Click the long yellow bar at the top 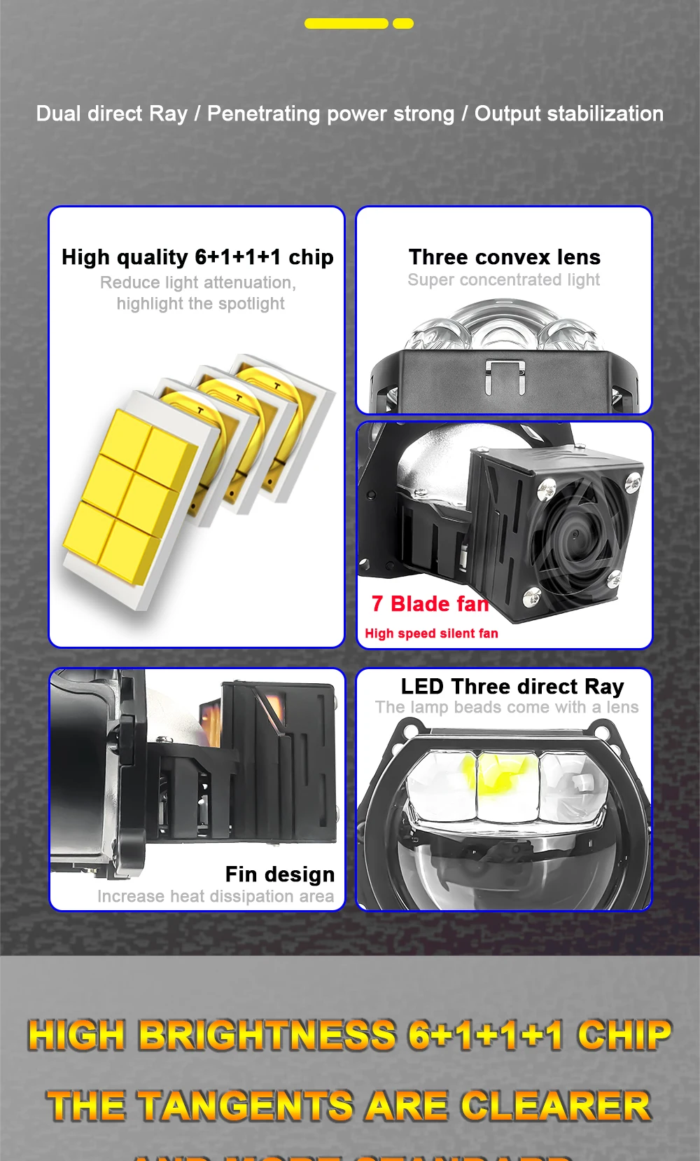tap(346, 24)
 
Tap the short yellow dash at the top tap(403, 24)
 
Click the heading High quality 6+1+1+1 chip tap(197, 257)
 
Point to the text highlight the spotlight tap(201, 303)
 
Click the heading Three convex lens tap(504, 257)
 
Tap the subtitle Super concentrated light tap(504, 280)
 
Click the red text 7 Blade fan tap(430, 603)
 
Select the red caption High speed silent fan tap(431, 633)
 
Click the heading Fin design tap(279, 874)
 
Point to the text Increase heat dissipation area tap(216, 896)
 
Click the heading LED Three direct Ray tap(512, 687)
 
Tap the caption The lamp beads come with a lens tap(507, 708)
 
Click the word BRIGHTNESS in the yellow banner tap(267, 1035)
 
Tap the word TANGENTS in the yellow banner tap(245, 1106)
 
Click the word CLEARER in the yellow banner tap(556, 1106)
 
